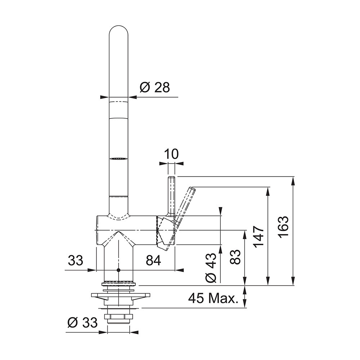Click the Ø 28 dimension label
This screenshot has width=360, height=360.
[155, 87]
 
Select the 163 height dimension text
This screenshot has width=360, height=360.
[283, 227]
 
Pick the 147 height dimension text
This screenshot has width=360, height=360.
[258, 237]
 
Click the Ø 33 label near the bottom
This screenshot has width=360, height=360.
[83, 323]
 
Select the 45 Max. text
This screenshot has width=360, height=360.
[213, 298]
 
